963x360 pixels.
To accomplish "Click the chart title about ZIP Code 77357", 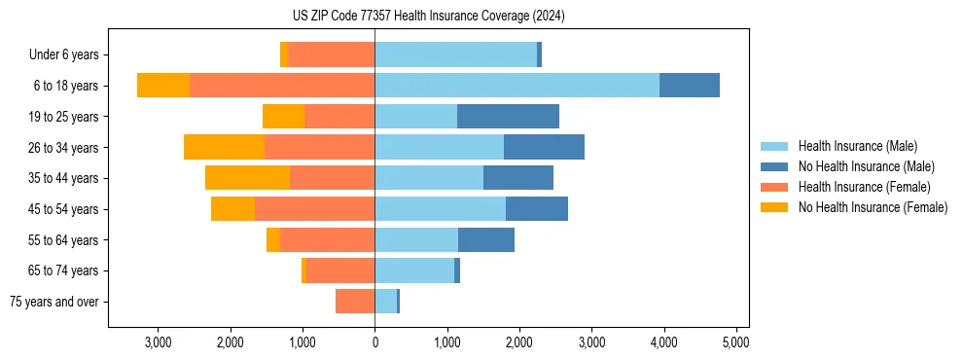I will [428, 16].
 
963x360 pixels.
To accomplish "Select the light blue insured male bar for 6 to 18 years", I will [517, 86].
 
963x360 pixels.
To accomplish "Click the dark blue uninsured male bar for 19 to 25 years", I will [508, 117].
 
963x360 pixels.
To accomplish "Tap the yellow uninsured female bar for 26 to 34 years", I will [224, 147].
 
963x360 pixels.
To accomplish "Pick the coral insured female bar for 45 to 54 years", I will [314, 209].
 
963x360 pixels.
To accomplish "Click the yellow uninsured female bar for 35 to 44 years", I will [247, 178].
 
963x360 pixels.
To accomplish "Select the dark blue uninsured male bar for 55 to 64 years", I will [485, 240].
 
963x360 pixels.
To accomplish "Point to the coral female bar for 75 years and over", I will [355, 302].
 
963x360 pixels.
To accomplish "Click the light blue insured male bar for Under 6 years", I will [455, 54].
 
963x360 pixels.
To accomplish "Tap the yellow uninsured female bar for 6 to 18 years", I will [163, 86].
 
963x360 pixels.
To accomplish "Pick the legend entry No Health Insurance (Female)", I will [872, 207].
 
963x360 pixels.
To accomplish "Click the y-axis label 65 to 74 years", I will [64, 270].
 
